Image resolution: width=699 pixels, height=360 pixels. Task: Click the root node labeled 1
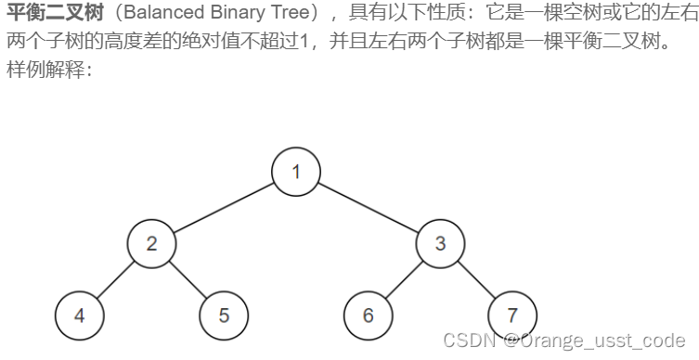(x=296, y=172)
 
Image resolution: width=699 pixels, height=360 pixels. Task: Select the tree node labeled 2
(x=152, y=244)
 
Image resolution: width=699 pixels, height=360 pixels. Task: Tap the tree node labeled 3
(x=440, y=244)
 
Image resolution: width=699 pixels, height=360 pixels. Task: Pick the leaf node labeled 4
(x=80, y=315)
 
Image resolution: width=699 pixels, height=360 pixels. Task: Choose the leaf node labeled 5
(x=224, y=315)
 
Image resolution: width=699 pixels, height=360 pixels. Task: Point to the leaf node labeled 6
(x=369, y=315)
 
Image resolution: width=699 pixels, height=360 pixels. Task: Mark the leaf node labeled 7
(x=512, y=315)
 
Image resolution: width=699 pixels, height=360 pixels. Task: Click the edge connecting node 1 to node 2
(x=224, y=208)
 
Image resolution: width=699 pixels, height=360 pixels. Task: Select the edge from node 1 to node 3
(x=369, y=208)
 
